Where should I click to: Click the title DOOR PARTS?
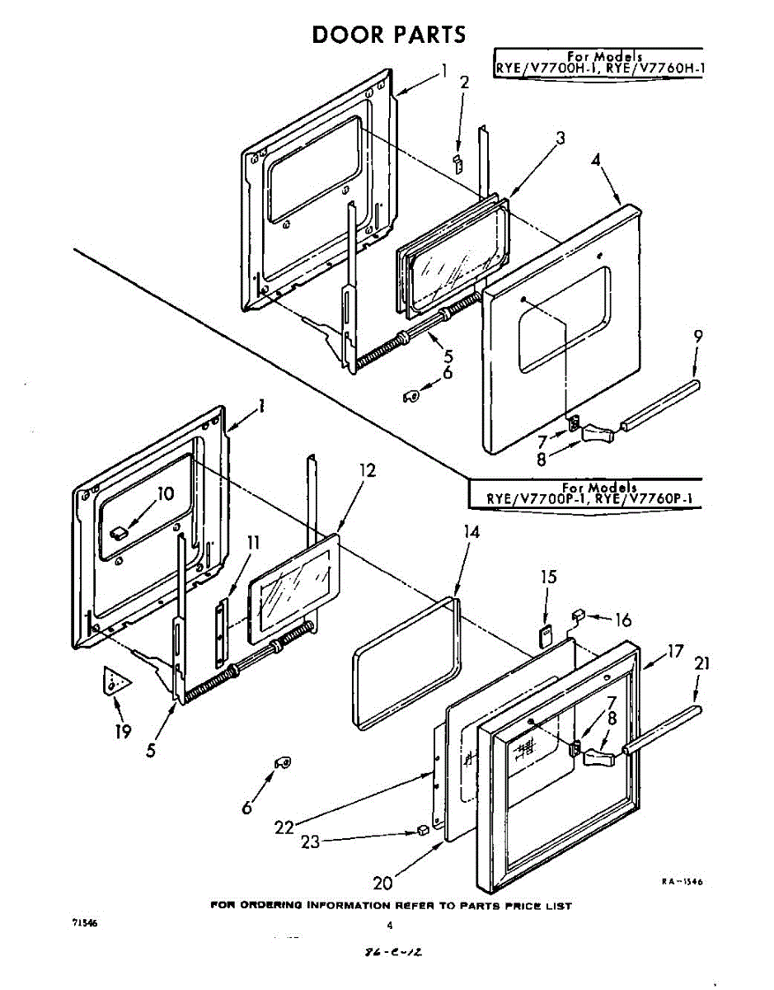click(x=388, y=34)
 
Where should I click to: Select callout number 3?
click(x=560, y=139)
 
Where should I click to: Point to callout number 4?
click(x=596, y=160)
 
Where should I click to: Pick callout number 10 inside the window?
click(x=166, y=494)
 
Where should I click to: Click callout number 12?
click(x=368, y=470)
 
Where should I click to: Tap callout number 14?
click(x=470, y=533)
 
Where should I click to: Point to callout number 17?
click(x=675, y=651)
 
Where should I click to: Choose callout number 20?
click(x=382, y=883)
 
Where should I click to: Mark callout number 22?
click(x=284, y=827)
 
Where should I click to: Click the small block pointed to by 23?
click(x=423, y=830)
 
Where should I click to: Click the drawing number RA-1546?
click(x=681, y=882)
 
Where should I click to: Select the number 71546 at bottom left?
click(x=85, y=924)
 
